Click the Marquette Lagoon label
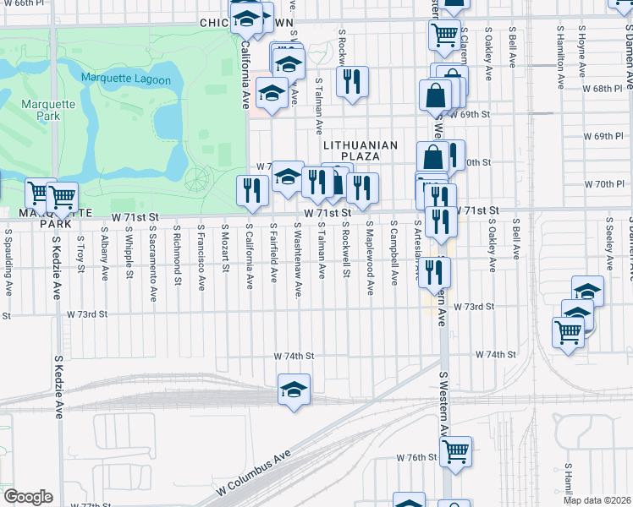pyautogui.click(x=126, y=79)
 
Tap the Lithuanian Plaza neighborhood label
pyautogui.click(x=360, y=151)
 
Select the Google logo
pyautogui.click(x=28, y=497)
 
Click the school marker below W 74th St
pyautogui.click(x=294, y=390)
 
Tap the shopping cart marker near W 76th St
pyautogui.click(x=455, y=451)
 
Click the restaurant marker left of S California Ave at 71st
pyautogui.click(x=252, y=190)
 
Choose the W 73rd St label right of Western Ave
pyautogui.click(x=473, y=308)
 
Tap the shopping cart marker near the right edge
pyautogui.click(x=568, y=330)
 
